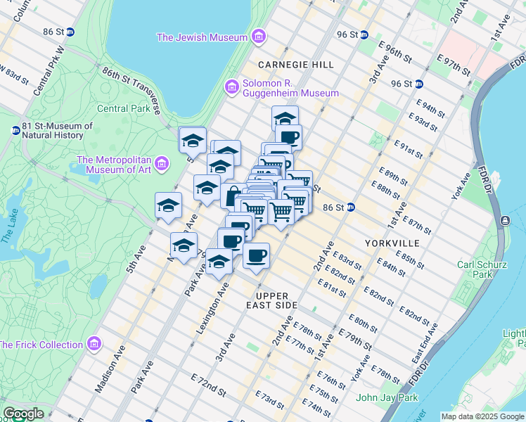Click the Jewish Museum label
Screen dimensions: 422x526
[x=203, y=37]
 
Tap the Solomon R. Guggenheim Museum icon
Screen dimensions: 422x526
[x=231, y=87]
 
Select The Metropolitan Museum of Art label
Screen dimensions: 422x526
[x=115, y=164]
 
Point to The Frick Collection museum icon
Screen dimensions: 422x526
[x=95, y=345]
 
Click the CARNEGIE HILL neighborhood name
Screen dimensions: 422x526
[x=295, y=65]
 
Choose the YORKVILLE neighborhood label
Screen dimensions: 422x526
[x=392, y=243]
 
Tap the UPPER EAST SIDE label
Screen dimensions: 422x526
[x=276, y=300]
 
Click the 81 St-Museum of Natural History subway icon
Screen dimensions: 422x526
[x=15, y=130]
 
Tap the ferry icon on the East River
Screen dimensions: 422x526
[x=504, y=221]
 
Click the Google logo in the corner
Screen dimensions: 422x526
[x=23, y=414]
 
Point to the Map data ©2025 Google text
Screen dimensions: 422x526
[x=482, y=416]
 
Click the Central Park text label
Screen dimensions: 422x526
[x=122, y=108]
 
